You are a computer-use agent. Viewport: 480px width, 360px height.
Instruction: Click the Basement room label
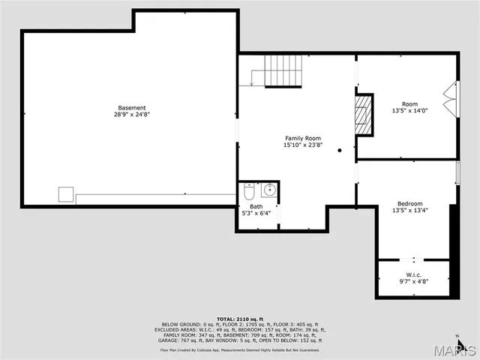(x=131, y=107)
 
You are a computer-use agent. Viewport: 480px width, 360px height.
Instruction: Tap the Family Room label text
(x=302, y=138)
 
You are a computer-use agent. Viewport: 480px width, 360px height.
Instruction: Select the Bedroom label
(x=409, y=203)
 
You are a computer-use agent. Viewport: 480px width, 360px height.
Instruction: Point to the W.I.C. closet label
(x=413, y=274)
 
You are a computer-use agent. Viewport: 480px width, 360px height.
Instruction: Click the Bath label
(x=256, y=206)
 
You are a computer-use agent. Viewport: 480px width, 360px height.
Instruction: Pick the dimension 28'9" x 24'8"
(x=131, y=115)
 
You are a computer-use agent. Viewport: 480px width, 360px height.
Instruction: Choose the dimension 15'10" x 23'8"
(x=302, y=145)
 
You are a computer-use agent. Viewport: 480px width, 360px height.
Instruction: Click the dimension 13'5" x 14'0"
(x=409, y=111)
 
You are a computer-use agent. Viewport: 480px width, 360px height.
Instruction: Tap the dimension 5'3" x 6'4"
(x=256, y=214)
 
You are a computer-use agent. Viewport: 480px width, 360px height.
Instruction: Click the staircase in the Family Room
(x=279, y=70)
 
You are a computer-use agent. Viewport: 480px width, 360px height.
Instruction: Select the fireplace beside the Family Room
(x=364, y=114)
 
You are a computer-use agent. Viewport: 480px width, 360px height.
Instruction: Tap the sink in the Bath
(x=270, y=190)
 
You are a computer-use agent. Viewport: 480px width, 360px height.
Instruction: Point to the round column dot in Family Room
(x=339, y=151)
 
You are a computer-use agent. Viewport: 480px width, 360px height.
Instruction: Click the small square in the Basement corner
(x=66, y=194)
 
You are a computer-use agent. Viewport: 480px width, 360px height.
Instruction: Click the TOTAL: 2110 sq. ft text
(x=240, y=319)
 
